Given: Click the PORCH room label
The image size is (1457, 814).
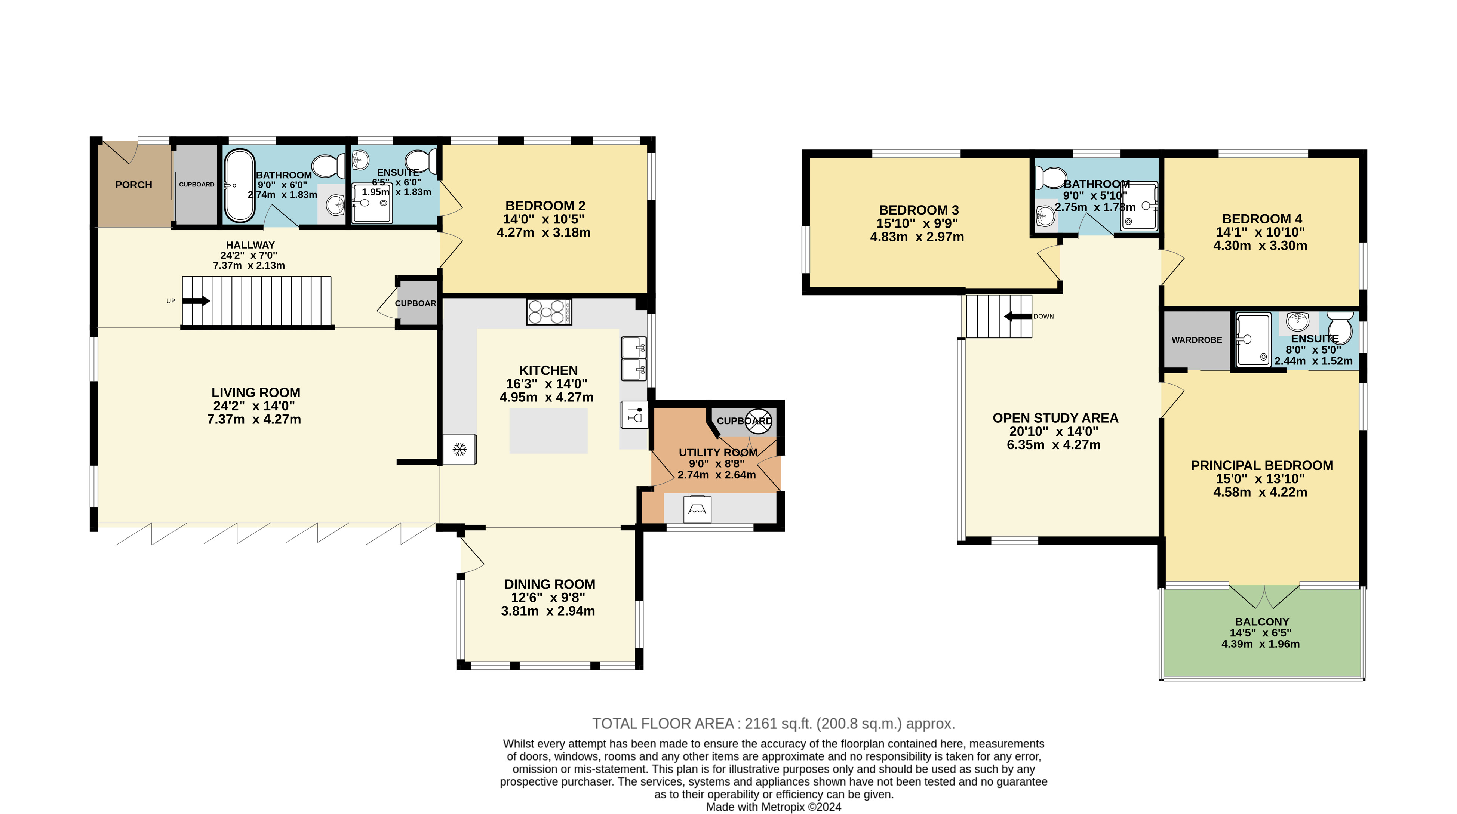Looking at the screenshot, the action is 133,185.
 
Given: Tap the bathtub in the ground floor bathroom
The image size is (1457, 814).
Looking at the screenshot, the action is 239,185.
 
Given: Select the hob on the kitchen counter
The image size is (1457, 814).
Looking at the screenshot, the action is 548,311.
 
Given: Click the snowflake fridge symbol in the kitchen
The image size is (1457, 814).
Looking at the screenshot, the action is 459,449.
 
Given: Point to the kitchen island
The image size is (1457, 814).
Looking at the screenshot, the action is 548,431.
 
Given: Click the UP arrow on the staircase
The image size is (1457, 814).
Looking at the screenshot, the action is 196,301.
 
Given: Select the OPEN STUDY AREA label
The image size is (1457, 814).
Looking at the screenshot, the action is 1055,418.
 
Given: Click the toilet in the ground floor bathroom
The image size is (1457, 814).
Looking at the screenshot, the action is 329,166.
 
